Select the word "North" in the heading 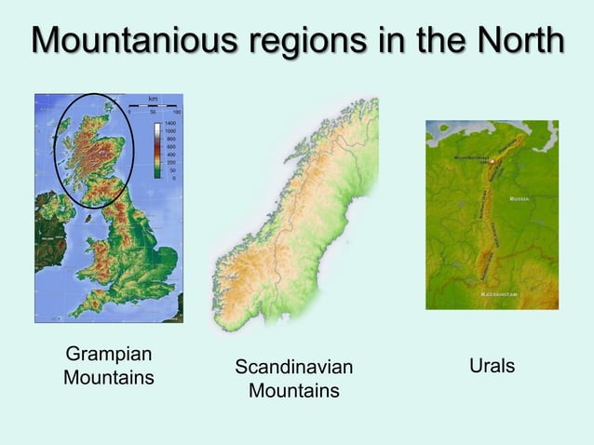point(518,42)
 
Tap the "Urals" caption point(492,366)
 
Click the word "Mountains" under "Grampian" point(108,378)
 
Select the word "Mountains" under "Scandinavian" point(293,390)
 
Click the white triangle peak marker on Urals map point(495,161)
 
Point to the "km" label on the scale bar point(153,98)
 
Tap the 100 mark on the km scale point(177,112)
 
